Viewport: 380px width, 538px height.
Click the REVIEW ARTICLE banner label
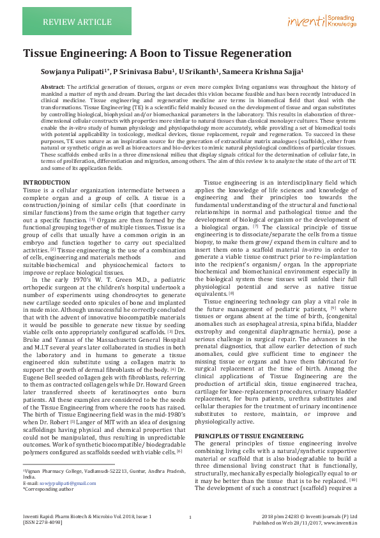pyautogui.click(x=68, y=22)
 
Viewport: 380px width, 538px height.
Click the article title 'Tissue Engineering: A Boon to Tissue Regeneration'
pyautogui.click(x=157, y=54)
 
